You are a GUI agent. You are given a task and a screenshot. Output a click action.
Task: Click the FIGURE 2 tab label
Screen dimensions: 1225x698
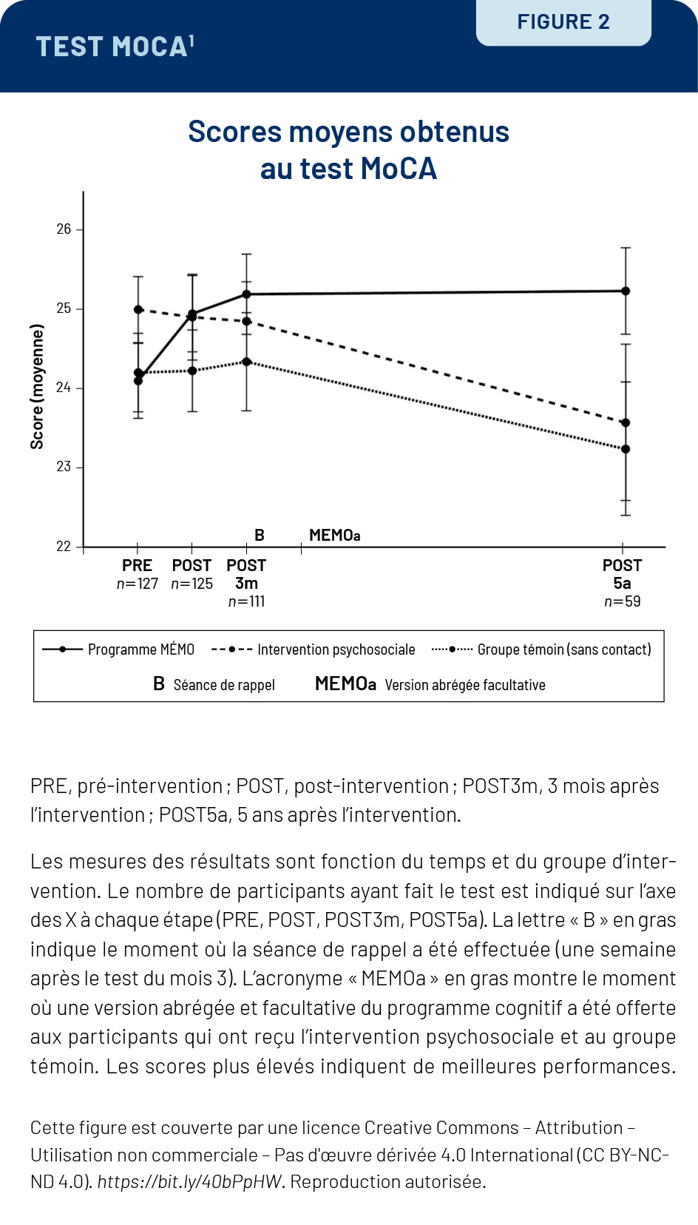563,22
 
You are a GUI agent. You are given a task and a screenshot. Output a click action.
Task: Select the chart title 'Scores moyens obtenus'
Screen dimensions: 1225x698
348,132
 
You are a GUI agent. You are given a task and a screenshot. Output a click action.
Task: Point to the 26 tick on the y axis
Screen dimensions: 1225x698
64,229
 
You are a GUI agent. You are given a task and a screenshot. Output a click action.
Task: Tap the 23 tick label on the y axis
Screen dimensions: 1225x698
64,467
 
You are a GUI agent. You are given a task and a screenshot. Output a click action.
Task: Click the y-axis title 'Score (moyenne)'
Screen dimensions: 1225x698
37,386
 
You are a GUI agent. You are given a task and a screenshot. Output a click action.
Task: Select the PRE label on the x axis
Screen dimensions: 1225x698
137,565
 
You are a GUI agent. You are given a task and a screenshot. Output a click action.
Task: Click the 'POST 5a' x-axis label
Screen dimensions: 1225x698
622,574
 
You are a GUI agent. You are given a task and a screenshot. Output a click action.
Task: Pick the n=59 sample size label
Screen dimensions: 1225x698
622,601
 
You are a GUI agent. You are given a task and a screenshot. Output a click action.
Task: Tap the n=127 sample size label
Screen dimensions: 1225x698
138,584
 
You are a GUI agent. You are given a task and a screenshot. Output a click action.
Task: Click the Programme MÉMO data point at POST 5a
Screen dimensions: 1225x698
626,291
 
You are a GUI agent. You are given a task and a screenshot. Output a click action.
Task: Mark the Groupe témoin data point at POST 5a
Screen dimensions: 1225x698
626,449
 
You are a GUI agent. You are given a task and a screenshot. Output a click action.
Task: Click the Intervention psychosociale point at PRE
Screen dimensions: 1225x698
138,309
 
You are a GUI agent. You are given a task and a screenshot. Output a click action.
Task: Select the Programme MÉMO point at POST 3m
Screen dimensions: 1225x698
247,294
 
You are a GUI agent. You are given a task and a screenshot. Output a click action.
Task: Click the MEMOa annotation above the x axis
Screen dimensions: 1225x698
334,535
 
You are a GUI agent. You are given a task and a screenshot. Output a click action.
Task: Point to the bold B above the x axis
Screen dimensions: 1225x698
260,535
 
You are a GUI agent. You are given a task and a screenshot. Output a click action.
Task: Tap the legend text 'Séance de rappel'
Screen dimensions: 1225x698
224,685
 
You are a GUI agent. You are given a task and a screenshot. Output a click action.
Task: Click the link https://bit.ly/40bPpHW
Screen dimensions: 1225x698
189,1181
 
